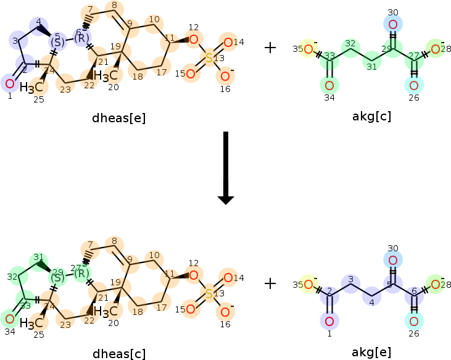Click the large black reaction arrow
(x=226, y=167)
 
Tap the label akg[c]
(x=371, y=116)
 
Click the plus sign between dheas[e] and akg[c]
(x=270, y=48)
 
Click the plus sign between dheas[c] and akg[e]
(x=270, y=283)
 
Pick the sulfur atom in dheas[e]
(x=209, y=59)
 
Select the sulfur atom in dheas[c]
(x=209, y=294)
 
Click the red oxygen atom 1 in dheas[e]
(x=9, y=83)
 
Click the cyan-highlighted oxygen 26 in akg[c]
(x=414, y=85)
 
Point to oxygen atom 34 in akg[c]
(x=329, y=85)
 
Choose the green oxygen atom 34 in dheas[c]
(x=9, y=319)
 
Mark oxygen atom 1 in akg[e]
(x=329, y=320)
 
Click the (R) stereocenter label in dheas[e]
(x=81, y=39)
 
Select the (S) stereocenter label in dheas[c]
(x=57, y=277)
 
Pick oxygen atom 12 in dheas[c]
(x=194, y=275)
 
